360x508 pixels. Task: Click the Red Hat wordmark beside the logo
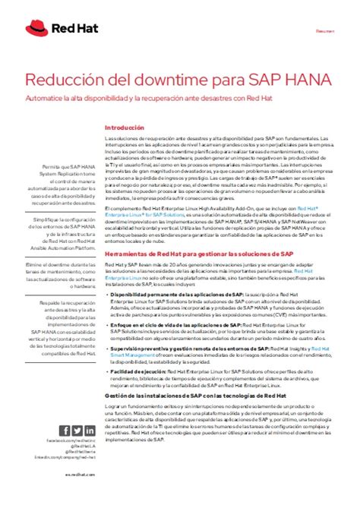pyautogui.click(x=66, y=30)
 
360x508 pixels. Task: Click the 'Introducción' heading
pyautogui.click(x=123, y=128)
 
